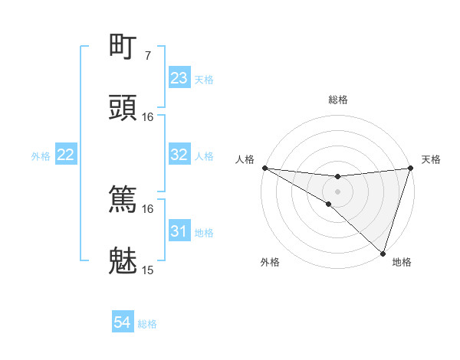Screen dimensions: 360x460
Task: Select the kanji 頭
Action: tap(123, 108)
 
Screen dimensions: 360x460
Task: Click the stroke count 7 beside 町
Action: tap(148, 55)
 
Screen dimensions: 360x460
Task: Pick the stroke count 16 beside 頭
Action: tap(148, 116)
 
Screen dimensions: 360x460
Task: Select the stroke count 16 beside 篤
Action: tap(148, 208)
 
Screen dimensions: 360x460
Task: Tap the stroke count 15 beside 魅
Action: tap(148, 270)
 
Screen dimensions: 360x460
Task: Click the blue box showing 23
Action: tap(179, 78)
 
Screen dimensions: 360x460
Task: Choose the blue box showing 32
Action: tap(179, 155)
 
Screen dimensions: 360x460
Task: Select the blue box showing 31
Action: tap(179, 231)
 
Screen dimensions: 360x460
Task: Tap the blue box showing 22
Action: tap(66, 155)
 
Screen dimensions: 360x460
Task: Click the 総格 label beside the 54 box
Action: tap(147, 324)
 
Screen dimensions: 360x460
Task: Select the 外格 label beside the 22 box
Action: tap(41, 155)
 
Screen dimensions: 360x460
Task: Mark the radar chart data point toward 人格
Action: tap(264, 168)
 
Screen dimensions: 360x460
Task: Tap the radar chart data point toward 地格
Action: tap(383, 253)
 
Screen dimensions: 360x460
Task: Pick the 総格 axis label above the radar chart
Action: tap(338, 100)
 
